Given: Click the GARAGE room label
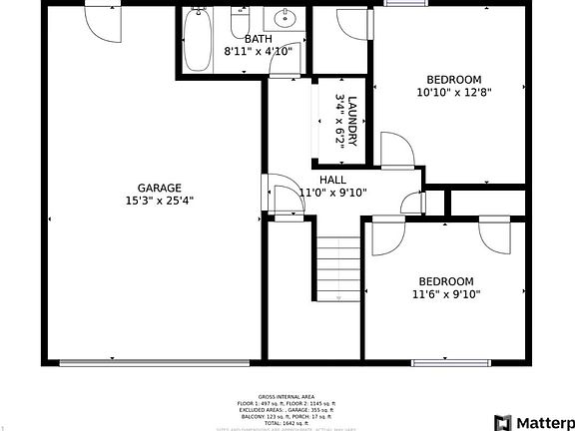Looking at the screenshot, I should point(159,188).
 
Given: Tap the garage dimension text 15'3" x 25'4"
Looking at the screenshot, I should point(159,201).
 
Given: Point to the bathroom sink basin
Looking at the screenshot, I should point(285,18).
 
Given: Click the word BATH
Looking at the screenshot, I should point(258,39).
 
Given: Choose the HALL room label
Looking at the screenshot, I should point(333,180).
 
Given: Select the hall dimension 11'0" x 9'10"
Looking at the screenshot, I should point(333,194).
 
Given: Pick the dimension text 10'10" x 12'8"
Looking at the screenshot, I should point(454,93).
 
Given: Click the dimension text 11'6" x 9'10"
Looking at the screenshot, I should point(446,294).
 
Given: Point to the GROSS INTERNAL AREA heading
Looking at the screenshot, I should point(287,397).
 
